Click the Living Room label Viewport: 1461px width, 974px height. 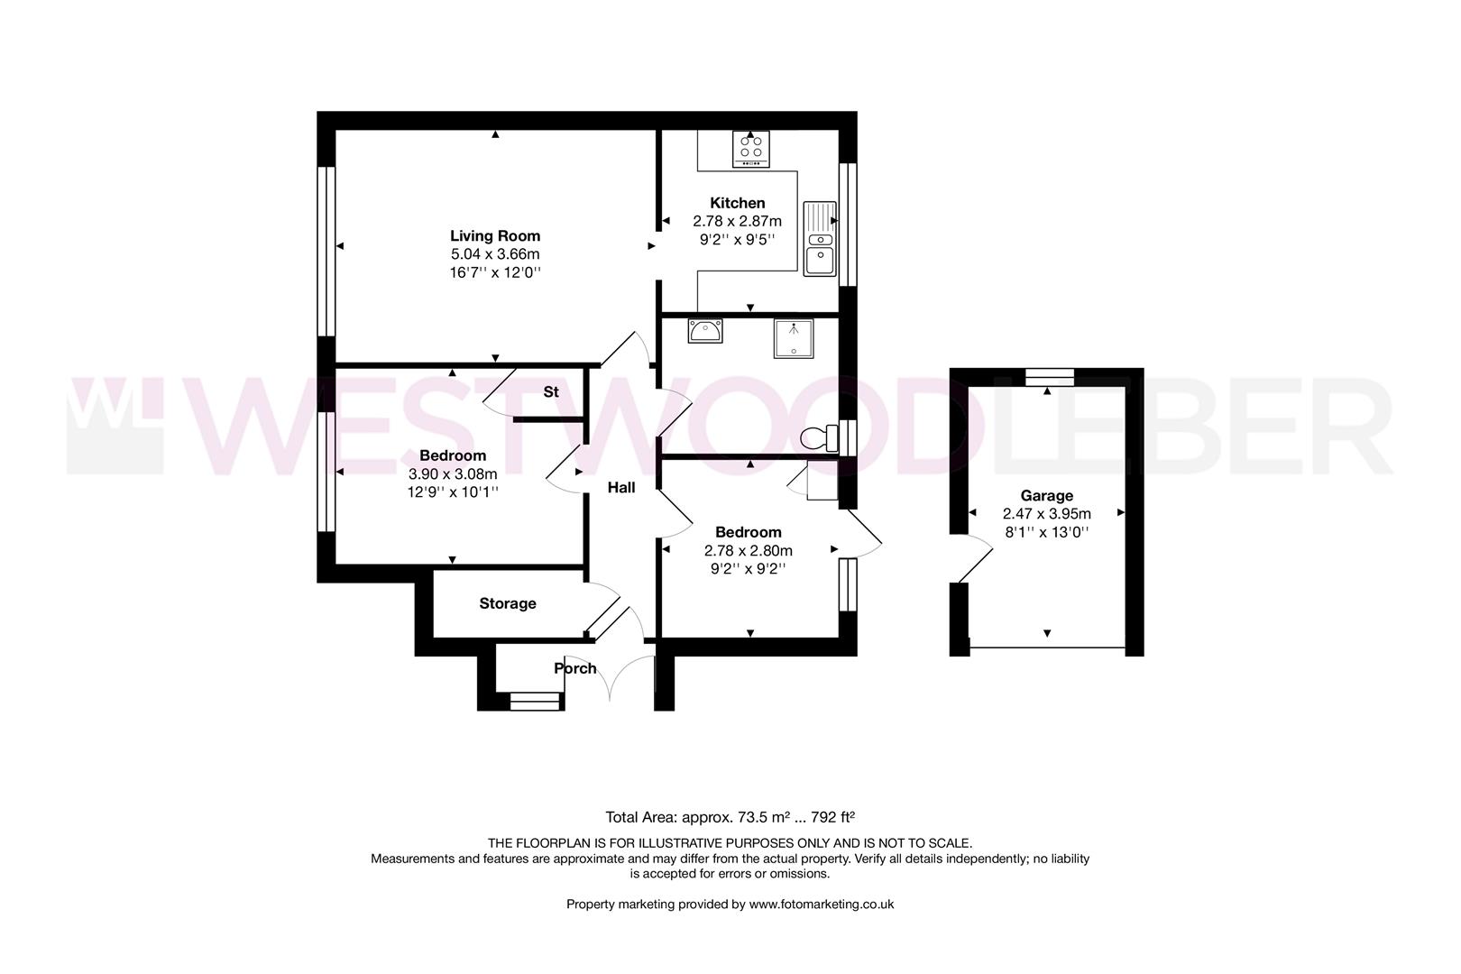click(495, 236)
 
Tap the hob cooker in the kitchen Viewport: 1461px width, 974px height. click(751, 149)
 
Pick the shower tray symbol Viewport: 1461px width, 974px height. click(793, 338)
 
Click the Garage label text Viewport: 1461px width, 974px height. click(1046, 495)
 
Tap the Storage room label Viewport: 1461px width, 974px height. click(507, 603)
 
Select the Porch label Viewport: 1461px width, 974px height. click(574, 668)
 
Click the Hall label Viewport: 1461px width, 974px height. click(620, 487)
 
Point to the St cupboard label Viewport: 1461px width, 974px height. click(550, 392)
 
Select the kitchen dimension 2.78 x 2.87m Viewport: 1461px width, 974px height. click(737, 221)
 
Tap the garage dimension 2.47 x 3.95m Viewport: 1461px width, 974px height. click(1046, 514)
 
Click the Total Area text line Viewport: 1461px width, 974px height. click(730, 818)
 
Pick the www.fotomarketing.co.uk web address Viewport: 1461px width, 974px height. click(821, 904)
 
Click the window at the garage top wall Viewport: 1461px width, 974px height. click(1049, 377)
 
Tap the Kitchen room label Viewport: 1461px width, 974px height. click(737, 203)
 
